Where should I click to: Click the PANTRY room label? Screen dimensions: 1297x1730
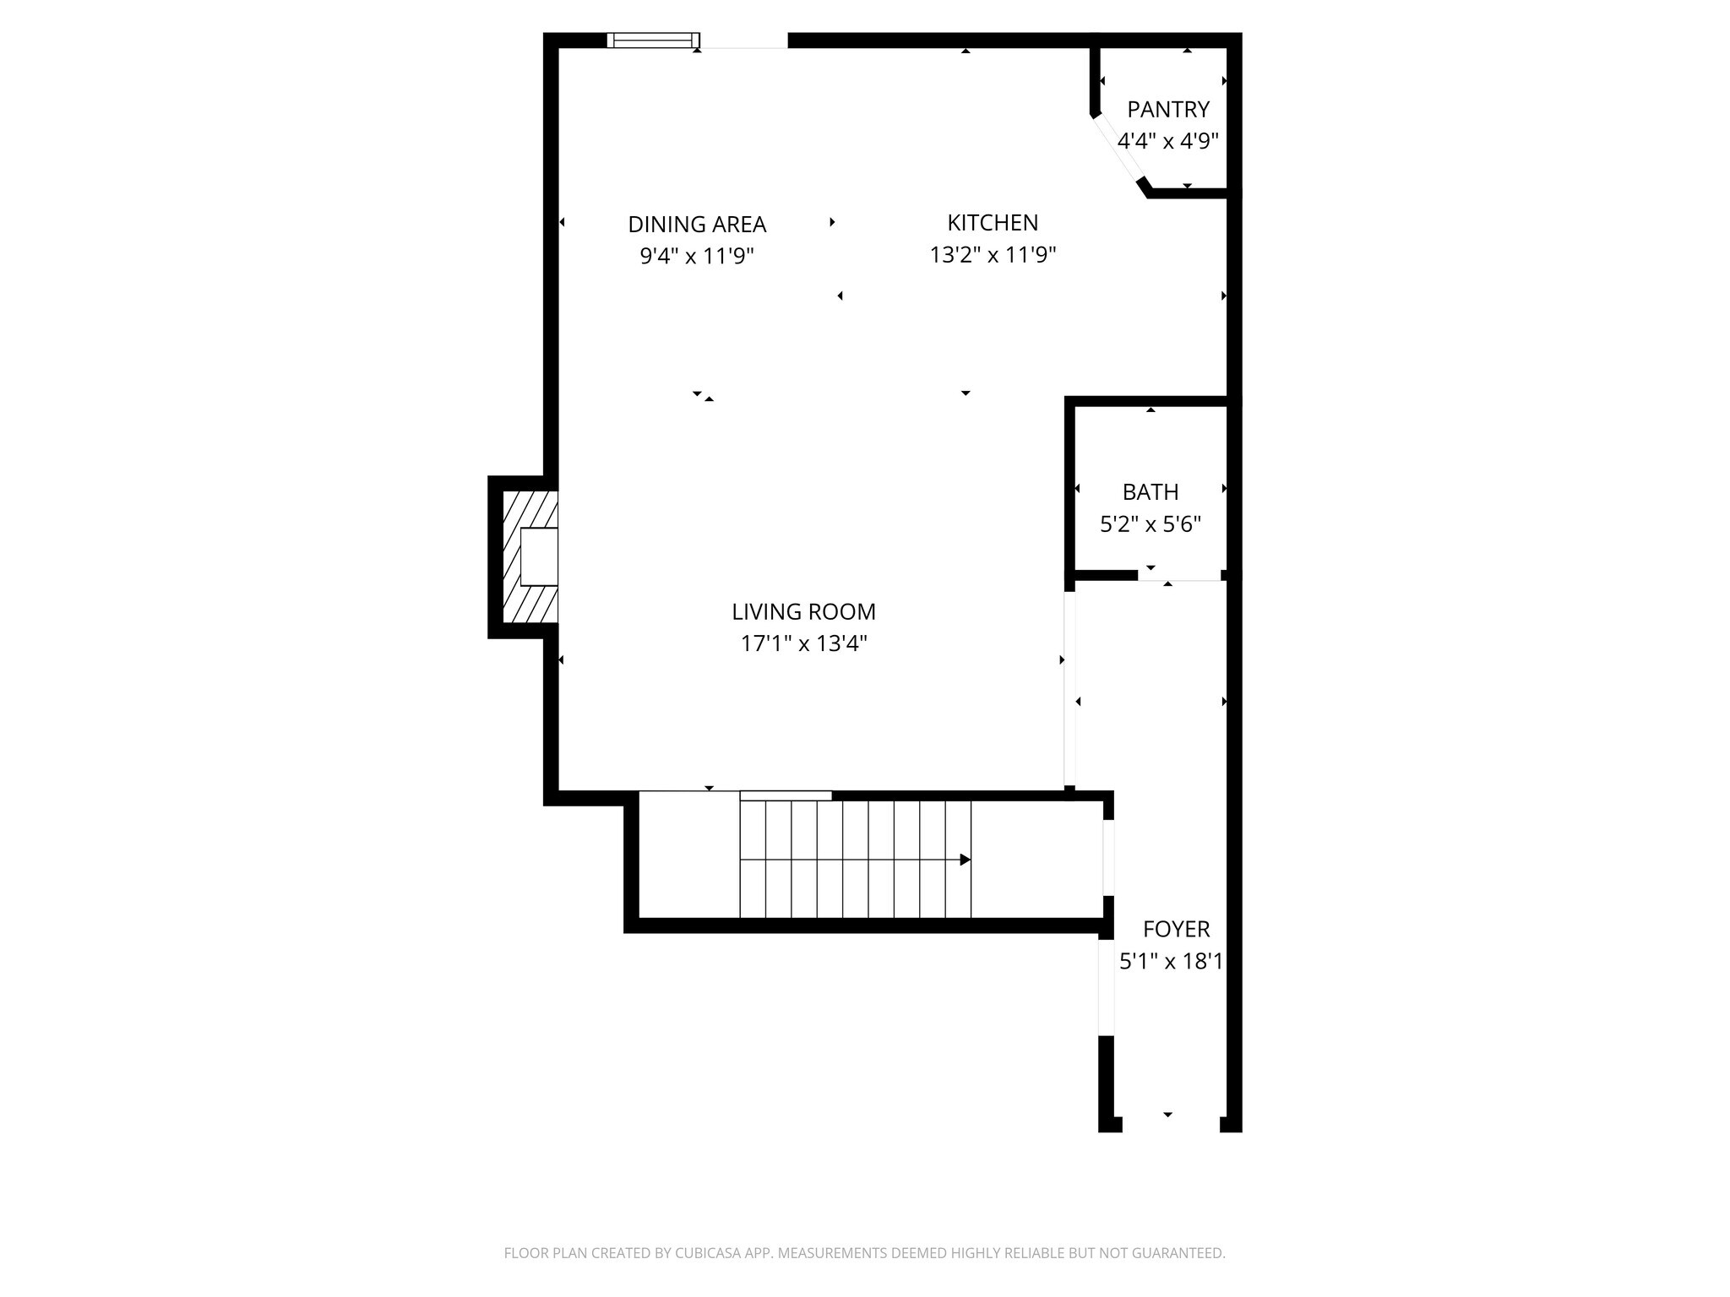(1167, 109)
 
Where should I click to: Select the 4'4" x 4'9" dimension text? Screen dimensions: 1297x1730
(1167, 141)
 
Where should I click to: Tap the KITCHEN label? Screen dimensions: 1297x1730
(993, 223)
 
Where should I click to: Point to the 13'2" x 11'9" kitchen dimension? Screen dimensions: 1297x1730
(993, 254)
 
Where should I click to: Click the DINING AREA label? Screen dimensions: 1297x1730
(697, 225)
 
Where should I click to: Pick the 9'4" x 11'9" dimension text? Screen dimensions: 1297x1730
(697, 256)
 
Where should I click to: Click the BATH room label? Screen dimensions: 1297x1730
(1150, 491)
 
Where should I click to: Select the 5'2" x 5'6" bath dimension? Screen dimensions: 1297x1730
(1150, 524)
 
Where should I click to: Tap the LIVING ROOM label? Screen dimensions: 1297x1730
(803, 611)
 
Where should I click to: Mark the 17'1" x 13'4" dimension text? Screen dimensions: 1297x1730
(803, 643)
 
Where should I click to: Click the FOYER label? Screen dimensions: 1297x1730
(1176, 929)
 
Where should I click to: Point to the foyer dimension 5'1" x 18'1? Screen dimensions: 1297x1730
(1171, 961)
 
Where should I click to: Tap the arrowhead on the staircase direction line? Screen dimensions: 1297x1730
(965, 860)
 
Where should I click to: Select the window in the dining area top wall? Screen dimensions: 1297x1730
(653, 40)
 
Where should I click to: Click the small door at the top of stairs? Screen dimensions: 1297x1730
(786, 795)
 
